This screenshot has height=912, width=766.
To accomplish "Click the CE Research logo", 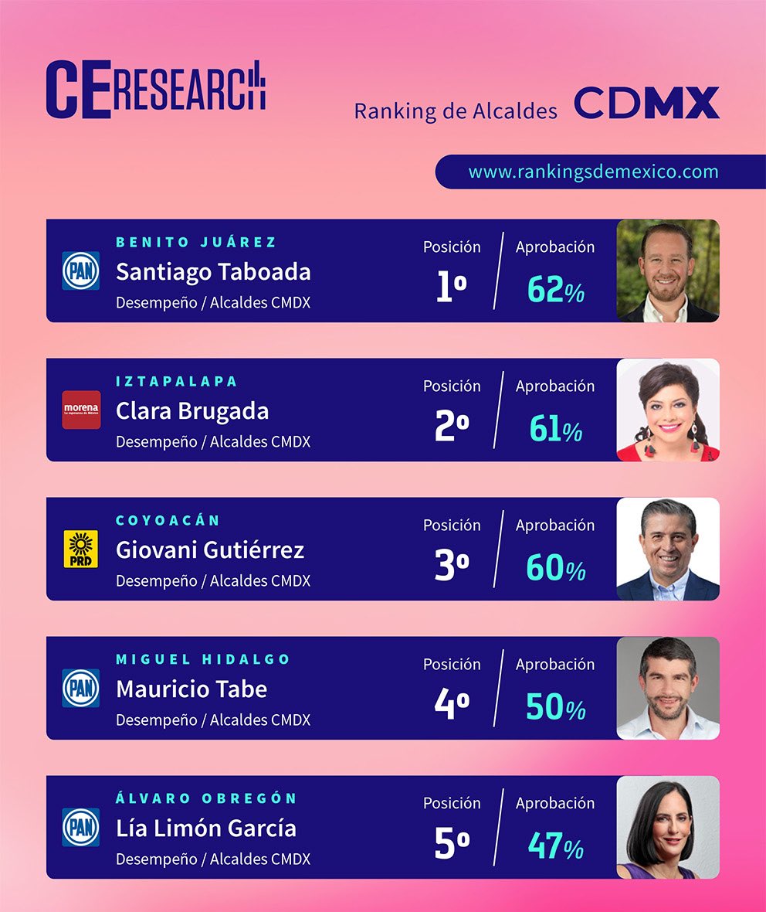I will [x=155, y=90].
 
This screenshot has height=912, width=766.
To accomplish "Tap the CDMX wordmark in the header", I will [x=646, y=104].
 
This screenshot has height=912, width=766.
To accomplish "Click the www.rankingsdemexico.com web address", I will [x=593, y=172].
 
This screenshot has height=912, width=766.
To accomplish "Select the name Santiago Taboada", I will [x=213, y=272].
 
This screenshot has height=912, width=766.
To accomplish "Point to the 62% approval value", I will [x=555, y=290].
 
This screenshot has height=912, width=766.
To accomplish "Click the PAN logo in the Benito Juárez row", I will [x=81, y=271].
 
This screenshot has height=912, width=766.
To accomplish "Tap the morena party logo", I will [x=81, y=410].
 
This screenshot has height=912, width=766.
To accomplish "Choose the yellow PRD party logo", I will [x=81, y=549].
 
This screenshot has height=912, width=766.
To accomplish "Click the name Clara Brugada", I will [x=192, y=411].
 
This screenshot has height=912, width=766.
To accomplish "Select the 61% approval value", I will [x=555, y=429].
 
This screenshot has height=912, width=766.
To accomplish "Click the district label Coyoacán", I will [x=168, y=521].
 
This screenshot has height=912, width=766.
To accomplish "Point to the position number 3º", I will [x=452, y=566].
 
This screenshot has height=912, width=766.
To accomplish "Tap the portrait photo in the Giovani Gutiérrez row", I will [x=668, y=549].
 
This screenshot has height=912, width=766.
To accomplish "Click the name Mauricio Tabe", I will [x=191, y=689].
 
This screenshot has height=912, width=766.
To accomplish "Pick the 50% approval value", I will [x=555, y=707].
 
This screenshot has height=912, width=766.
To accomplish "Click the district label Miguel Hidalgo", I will [x=203, y=660].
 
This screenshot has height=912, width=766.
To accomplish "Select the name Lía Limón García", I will [x=206, y=829].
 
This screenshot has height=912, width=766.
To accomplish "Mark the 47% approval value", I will [x=555, y=846].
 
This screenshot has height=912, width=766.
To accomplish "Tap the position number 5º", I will [x=452, y=844].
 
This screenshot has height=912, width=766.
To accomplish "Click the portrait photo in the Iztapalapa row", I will [x=668, y=410].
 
